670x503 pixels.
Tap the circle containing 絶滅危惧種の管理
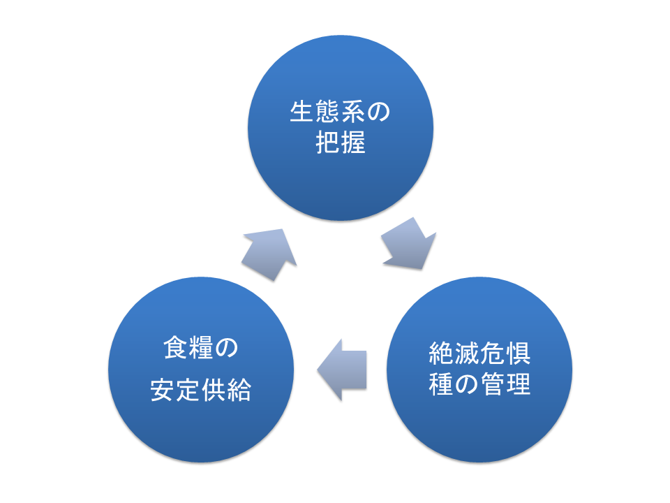[480, 426]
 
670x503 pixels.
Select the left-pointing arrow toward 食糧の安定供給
[342, 370]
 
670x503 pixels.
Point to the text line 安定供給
[201, 391]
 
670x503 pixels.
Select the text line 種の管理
[480, 384]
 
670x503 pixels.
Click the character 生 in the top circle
[301, 113]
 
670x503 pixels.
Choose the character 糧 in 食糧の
[201, 347]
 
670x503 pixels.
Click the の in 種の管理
[467, 384]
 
